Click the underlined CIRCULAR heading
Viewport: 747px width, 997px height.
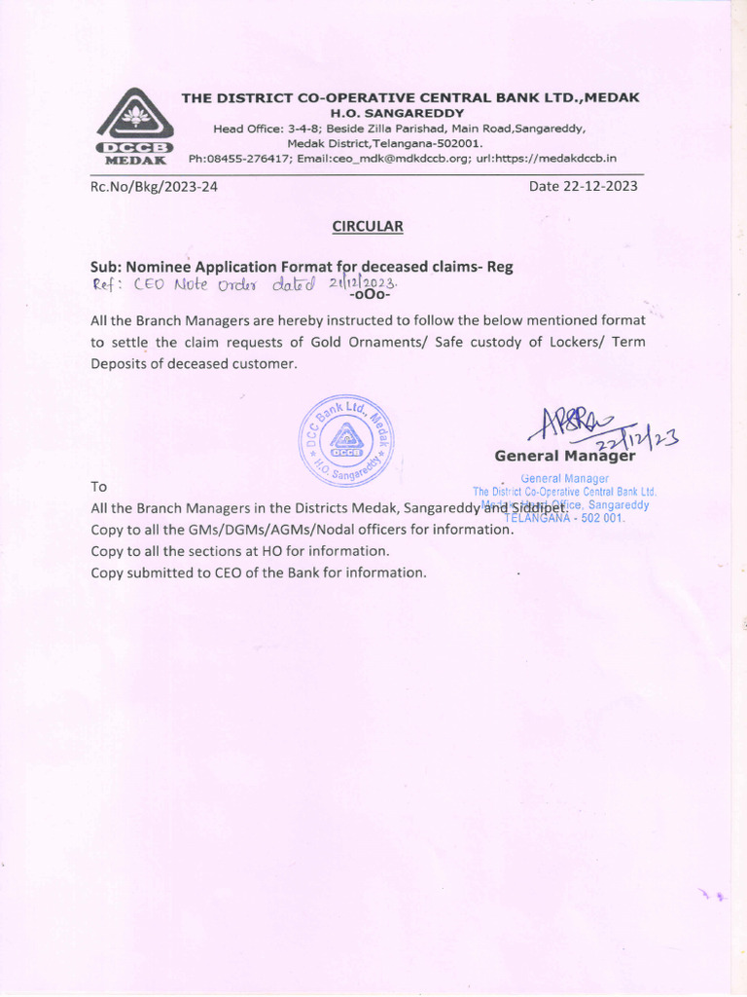tap(367, 226)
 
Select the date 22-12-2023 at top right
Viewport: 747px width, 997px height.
tap(583, 186)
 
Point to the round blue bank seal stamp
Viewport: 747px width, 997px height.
tap(347, 441)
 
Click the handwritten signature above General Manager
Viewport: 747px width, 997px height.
tap(584, 426)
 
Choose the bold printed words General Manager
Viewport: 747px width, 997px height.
tap(564, 456)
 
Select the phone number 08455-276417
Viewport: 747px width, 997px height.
tap(246, 158)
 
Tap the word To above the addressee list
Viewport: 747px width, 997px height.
tap(99, 486)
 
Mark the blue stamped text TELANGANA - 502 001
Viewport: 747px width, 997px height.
tap(564, 518)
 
